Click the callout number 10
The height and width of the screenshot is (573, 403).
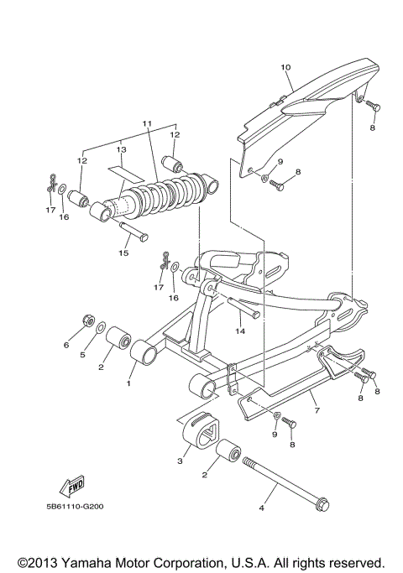click(x=285, y=66)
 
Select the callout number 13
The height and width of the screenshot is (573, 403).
click(x=121, y=149)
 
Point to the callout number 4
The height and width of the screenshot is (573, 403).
click(x=262, y=507)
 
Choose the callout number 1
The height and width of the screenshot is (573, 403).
click(x=129, y=384)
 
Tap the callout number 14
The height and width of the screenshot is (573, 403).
click(x=240, y=331)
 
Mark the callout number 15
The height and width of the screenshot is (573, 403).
click(x=123, y=252)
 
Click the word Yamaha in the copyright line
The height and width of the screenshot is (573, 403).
click(x=112, y=560)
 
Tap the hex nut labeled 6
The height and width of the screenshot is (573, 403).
click(x=87, y=320)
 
